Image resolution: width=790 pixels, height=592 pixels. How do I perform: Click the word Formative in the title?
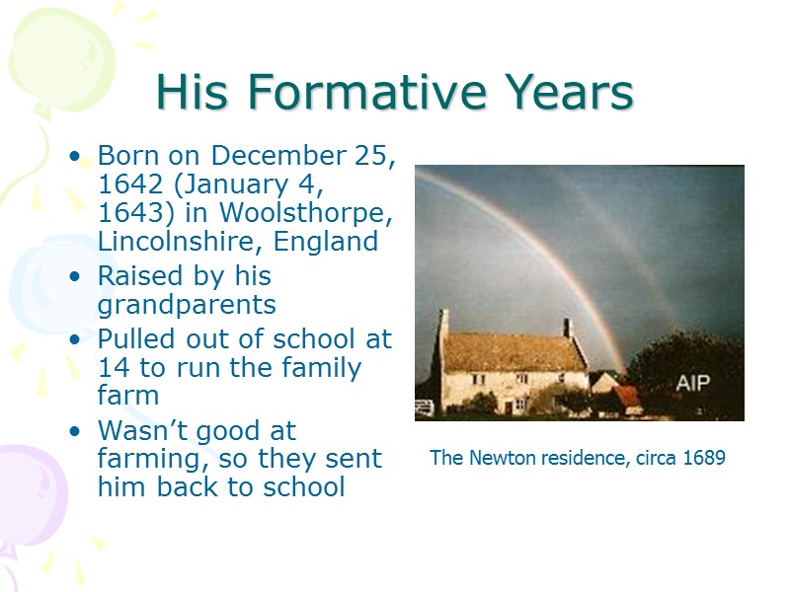click(x=367, y=93)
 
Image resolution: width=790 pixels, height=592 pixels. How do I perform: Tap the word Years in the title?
click(x=565, y=93)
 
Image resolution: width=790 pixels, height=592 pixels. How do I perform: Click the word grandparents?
click(x=187, y=304)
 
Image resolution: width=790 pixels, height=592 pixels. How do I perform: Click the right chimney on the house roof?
click(x=568, y=328)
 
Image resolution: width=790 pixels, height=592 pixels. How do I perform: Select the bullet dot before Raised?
click(x=76, y=277)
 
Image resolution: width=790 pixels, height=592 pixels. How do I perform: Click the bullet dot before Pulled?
click(x=76, y=340)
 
